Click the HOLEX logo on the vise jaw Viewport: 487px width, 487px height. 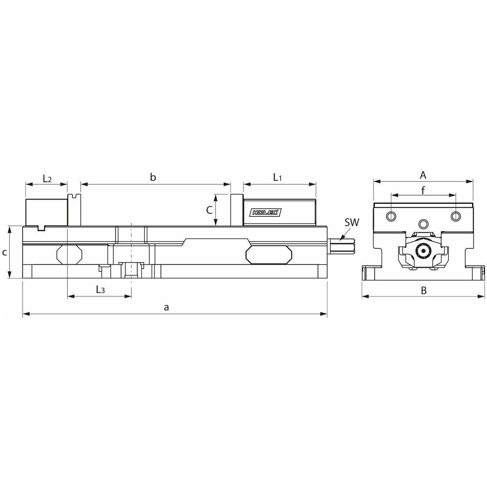265,213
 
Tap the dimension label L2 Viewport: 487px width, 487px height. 47,179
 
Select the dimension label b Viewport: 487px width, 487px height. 153,177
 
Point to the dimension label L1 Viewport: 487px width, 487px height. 277,178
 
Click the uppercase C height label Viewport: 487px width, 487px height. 209,210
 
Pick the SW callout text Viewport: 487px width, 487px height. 352,223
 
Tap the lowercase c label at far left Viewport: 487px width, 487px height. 4,252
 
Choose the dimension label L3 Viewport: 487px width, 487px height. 100,289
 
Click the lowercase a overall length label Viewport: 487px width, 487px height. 166,307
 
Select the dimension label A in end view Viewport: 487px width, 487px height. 423,175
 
